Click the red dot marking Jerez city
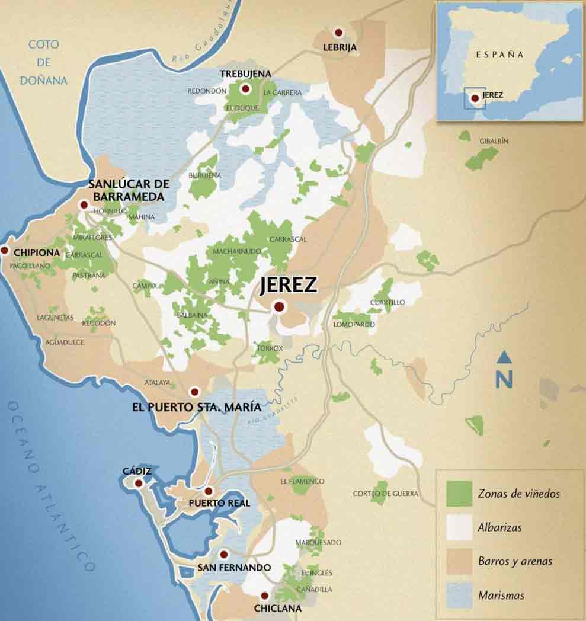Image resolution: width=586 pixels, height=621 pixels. pyautogui.click(x=278, y=307)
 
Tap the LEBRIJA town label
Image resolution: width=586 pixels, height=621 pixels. pyautogui.click(x=340, y=47)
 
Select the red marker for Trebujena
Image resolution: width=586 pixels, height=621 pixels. pyautogui.click(x=245, y=89)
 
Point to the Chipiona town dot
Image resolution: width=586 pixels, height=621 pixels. pyautogui.click(x=5, y=251)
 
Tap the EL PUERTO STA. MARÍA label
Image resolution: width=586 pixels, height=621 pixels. pyautogui.click(x=196, y=407)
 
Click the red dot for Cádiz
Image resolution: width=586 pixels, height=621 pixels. pyautogui.click(x=139, y=484)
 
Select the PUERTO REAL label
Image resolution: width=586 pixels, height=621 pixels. pyautogui.click(x=219, y=503)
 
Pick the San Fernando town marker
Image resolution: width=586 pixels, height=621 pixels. pyautogui.click(x=223, y=555)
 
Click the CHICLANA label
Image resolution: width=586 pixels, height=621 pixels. pyautogui.click(x=277, y=608)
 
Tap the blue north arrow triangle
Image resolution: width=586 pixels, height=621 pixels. pyautogui.click(x=504, y=357)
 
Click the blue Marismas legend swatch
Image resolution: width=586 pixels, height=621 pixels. pyautogui.click(x=459, y=595)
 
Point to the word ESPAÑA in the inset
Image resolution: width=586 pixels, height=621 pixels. pyautogui.click(x=500, y=54)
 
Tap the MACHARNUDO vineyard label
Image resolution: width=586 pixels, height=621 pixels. pyautogui.click(x=237, y=251)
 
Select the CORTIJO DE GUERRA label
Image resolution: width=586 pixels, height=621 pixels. pyautogui.click(x=386, y=493)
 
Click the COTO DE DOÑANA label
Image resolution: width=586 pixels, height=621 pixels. pyautogui.click(x=43, y=62)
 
